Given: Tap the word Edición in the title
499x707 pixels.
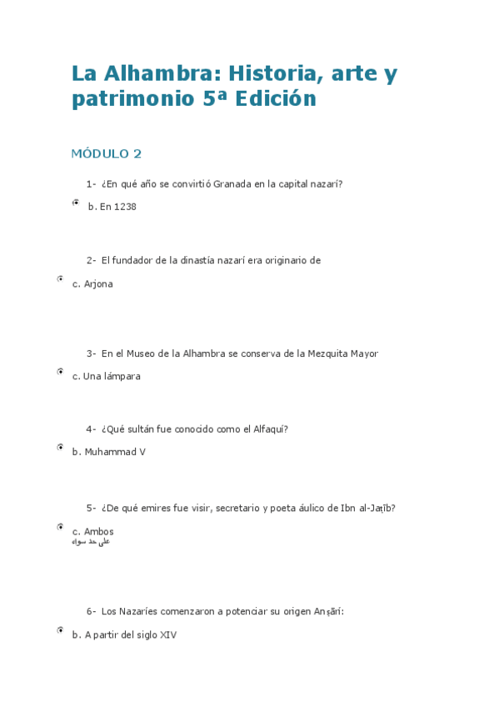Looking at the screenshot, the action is (276, 99).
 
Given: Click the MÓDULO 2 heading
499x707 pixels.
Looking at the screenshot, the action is (107, 153).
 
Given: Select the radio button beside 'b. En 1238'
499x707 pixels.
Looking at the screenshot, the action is (75, 203).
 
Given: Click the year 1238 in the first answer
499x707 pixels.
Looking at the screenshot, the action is (125, 207).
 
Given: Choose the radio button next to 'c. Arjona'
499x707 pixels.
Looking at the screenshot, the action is (61, 279).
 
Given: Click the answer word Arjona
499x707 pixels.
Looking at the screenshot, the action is (98, 283).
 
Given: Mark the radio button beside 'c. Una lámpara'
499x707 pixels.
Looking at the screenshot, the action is (61, 372).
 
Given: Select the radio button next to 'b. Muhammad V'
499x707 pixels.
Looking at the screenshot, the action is (61, 448).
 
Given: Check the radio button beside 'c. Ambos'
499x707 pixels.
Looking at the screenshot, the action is (61, 527).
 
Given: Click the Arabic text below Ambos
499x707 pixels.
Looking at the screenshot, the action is (92, 542).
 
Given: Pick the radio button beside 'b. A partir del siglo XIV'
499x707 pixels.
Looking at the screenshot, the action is (61, 630).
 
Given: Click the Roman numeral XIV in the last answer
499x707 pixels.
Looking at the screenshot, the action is (167, 634).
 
